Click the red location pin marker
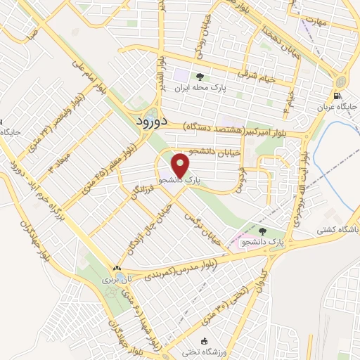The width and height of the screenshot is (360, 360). point(181,165)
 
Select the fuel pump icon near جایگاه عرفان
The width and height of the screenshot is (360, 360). point(339,96)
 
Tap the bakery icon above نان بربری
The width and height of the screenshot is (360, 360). point(117,268)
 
